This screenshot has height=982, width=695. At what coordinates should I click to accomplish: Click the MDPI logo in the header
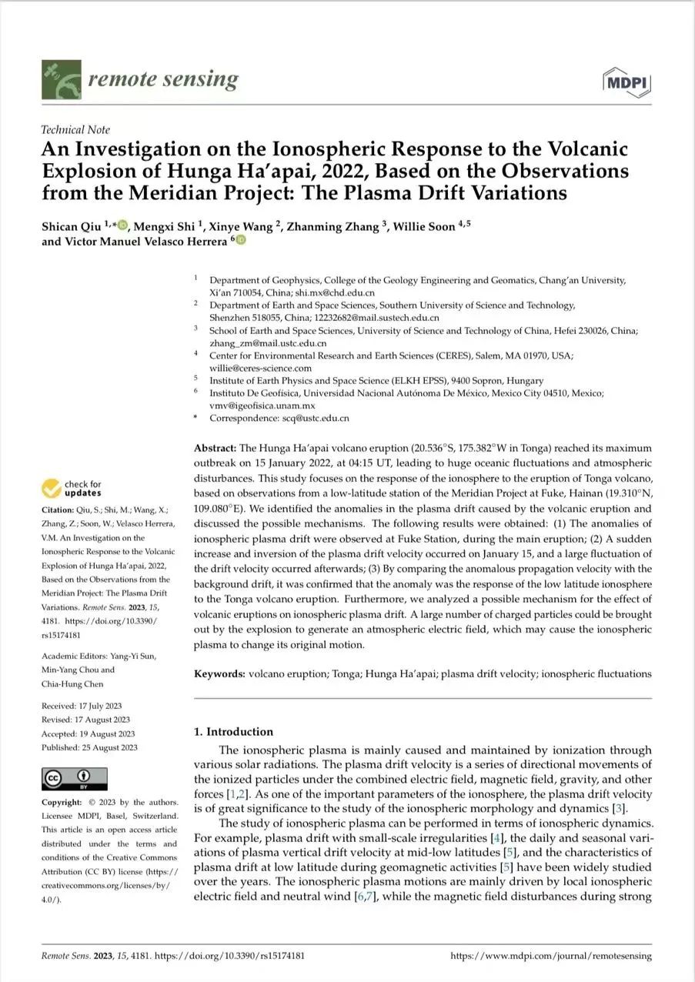point(627,82)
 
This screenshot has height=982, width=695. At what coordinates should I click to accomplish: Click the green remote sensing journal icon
point(61,80)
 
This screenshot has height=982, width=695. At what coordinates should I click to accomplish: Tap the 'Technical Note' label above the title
point(75,129)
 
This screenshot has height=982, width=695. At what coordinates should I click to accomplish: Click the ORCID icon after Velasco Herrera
point(240,241)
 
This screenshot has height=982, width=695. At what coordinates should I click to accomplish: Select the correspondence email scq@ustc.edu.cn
point(316,419)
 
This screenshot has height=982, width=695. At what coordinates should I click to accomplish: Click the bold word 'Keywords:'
point(219,674)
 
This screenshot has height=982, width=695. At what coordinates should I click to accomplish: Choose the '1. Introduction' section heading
point(233,732)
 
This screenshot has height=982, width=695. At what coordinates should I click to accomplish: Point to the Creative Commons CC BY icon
point(75,778)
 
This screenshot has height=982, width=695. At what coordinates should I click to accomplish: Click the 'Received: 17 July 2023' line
point(81,706)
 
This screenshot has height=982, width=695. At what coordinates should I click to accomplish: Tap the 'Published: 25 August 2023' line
point(89,747)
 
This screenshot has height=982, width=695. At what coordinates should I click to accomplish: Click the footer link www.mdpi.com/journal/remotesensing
point(550,957)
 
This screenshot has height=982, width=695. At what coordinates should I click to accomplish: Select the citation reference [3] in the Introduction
point(620,807)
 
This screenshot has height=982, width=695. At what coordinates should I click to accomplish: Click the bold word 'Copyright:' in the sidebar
point(62,802)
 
